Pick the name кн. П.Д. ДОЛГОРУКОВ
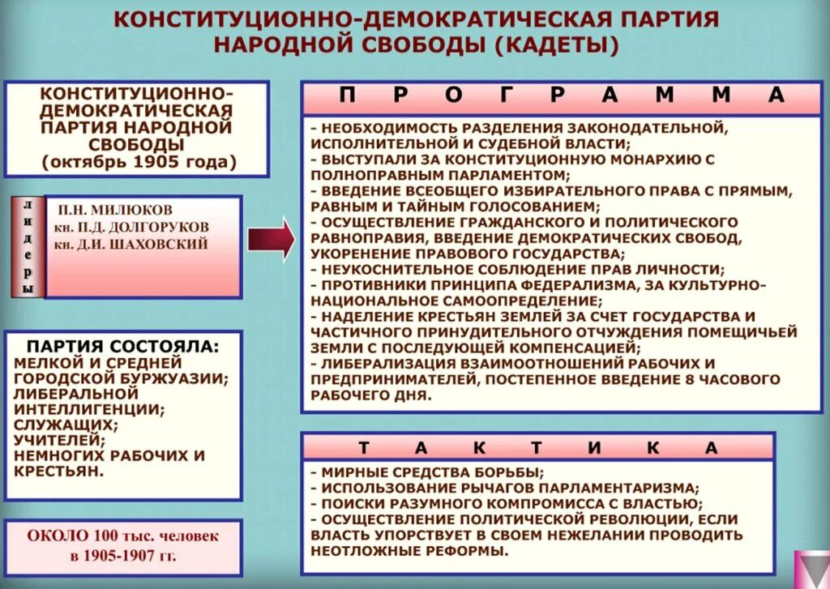click(x=131, y=227)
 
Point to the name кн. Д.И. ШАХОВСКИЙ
click(x=131, y=244)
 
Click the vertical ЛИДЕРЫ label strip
click(x=28, y=246)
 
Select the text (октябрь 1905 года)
click(x=140, y=161)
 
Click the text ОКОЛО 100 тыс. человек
click(x=123, y=536)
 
